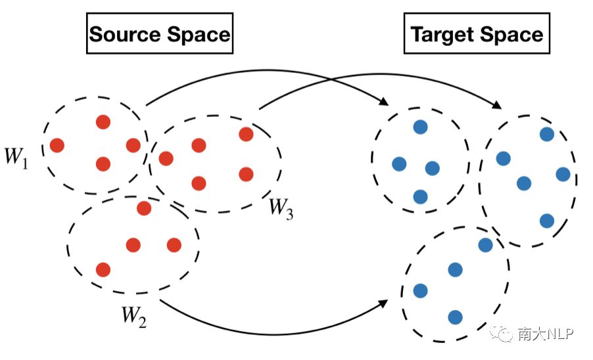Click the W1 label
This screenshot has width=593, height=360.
click(x=16, y=157)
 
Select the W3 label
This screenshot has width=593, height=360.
click(x=281, y=208)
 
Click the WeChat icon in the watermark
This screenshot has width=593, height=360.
click(x=505, y=335)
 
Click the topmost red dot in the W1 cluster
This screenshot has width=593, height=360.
click(x=103, y=122)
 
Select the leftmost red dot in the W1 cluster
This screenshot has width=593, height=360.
click(x=57, y=145)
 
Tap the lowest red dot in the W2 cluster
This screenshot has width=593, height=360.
click(x=103, y=269)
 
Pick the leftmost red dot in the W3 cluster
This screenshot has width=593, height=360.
click(x=166, y=158)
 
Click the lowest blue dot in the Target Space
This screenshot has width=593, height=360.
click(x=455, y=317)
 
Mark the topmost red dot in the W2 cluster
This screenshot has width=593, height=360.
click(x=144, y=208)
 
